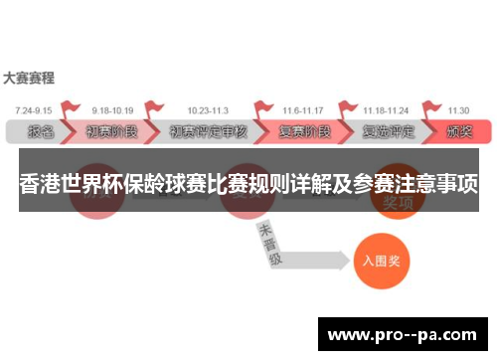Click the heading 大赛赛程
[29, 78]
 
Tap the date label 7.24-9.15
[35, 110]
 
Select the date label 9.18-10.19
[111, 110]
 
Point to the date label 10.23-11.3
[207, 110]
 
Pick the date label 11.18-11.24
[385, 110]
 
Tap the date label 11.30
[459, 110]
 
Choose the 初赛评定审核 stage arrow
[207, 130]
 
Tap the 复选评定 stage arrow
[386, 130]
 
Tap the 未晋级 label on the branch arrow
[267, 245]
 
